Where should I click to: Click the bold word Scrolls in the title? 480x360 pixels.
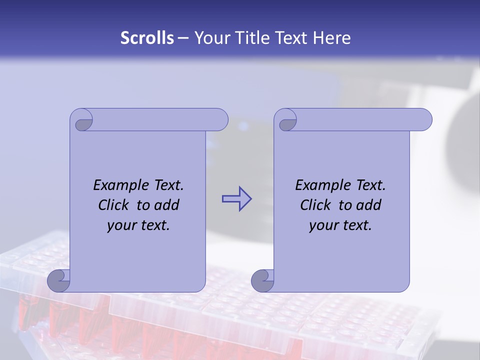pos(147,38)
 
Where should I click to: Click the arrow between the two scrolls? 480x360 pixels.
pos(236,198)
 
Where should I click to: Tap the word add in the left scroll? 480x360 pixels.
pos(166,205)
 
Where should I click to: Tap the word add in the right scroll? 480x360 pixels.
pos(368,205)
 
